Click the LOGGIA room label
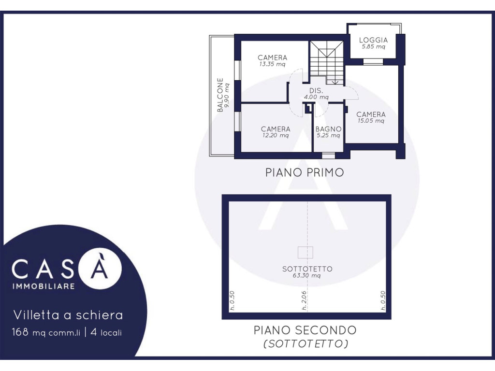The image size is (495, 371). tap(373, 40)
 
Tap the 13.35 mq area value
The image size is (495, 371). tap(272, 64)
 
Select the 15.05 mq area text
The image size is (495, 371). tap(371, 121)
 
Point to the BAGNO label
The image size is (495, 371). tap(328, 129)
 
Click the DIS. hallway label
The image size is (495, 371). tap(316, 90)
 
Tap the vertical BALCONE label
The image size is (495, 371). tap(220, 95)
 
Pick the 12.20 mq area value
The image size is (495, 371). tap(275, 136)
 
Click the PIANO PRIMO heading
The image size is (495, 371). tap(305, 172)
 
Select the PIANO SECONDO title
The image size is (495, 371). tap(306, 330)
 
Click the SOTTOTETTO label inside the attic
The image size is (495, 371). tap(307, 269)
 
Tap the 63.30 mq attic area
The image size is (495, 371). tap(306, 275)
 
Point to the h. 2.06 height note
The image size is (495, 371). tap(304, 300)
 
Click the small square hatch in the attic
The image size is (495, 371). tap(306, 252)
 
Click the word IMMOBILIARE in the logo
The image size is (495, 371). tap(43, 286)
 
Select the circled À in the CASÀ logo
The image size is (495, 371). tap(99, 268)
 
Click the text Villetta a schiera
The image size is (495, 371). tap(68, 315)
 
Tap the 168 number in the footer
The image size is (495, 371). tap(20, 332)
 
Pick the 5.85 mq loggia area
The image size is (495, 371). tap(373, 47)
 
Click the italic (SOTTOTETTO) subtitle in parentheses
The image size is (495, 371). tap(306, 343)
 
